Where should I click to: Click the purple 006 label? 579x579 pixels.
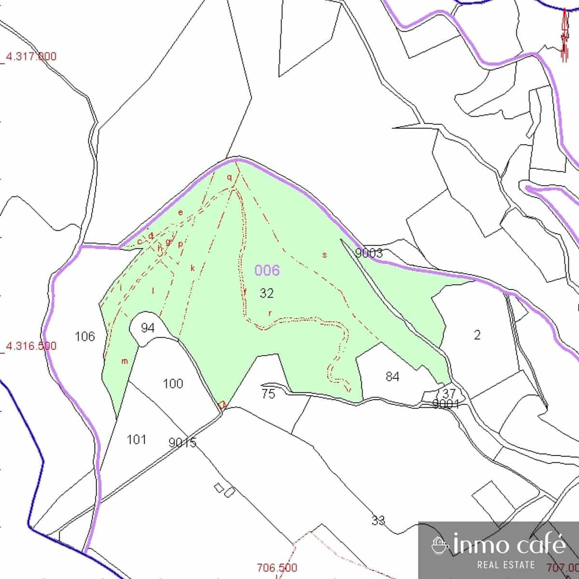267,270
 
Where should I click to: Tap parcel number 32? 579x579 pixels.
266,293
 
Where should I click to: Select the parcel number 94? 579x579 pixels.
148,328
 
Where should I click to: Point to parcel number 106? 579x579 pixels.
85,336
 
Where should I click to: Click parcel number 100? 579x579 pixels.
173,384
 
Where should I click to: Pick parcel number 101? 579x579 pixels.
136,440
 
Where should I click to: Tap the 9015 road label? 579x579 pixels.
182,442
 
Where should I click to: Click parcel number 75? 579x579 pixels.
268,394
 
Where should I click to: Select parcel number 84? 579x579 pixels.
392,376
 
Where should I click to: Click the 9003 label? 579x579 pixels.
369,253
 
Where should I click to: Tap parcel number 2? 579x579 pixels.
477,335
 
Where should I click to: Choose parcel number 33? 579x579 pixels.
378,521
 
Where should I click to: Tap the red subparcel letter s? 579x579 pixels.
325,255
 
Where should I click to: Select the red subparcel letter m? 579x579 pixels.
124,361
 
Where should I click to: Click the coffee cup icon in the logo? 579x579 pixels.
440,545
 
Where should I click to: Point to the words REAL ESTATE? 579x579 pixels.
506,565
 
